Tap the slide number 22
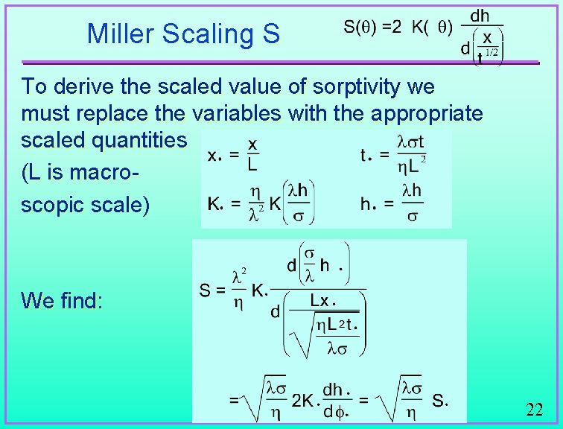point(534,409)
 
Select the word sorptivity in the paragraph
point(349,87)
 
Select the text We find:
point(62,301)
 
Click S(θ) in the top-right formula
point(361,28)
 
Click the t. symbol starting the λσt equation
point(365,156)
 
